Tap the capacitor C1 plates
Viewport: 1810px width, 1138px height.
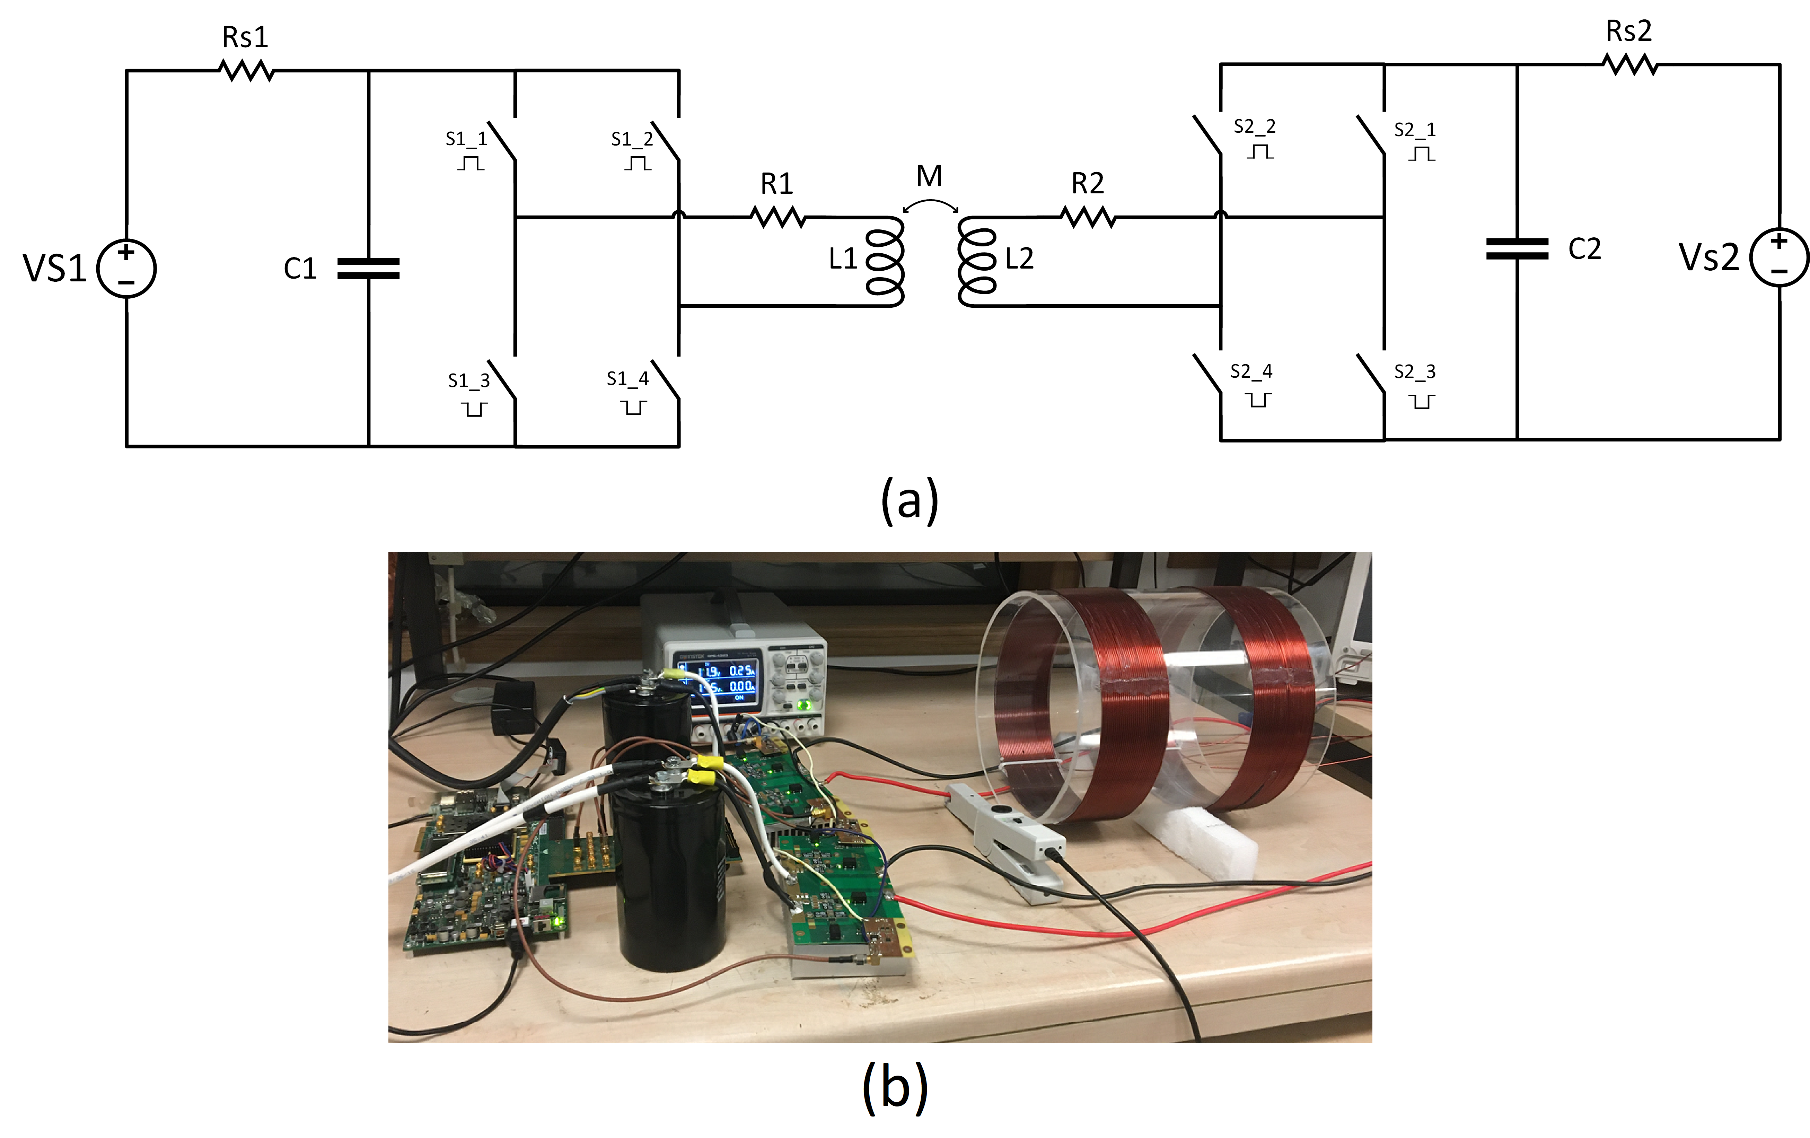coord(368,268)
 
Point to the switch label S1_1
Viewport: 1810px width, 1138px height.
coord(466,139)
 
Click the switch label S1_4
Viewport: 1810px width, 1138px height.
coord(627,379)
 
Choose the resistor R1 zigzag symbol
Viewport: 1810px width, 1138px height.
coord(778,218)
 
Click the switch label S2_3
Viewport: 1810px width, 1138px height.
coord(1415,372)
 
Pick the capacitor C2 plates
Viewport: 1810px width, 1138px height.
coord(1517,249)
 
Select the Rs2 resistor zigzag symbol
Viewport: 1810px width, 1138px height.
coord(1629,65)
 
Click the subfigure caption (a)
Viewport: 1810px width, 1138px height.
coord(910,500)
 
